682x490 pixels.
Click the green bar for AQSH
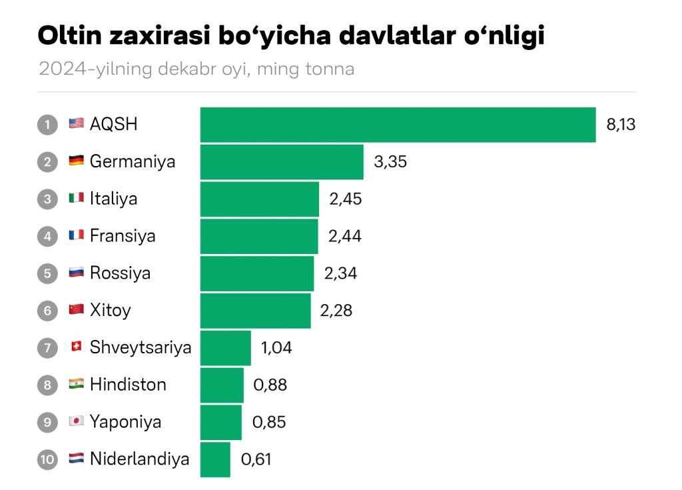click(x=398, y=125)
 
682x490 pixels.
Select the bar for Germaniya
click(x=282, y=162)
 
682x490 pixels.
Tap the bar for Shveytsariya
click(x=225, y=347)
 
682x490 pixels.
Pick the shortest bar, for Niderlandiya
click(x=215, y=459)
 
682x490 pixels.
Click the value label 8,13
click(x=621, y=125)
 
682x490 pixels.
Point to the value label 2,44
click(x=345, y=236)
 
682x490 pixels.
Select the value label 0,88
click(x=270, y=385)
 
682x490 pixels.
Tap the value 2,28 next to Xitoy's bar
click(x=336, y=311)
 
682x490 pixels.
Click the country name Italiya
click(x=113, y=199)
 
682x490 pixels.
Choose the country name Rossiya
click(x=120, y=273)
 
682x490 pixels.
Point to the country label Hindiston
click(x=128, y=385)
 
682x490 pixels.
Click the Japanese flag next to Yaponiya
click(x=76, y=422)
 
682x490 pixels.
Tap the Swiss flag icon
click(x=76, y=347)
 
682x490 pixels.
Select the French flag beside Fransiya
click(x=76, y=236)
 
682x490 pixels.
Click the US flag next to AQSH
click(x=76, y=124)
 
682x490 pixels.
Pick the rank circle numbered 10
click(x=47, y=459)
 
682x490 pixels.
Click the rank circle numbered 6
click(x=47, y=311)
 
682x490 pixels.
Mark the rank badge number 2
click(x=47, y=162)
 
